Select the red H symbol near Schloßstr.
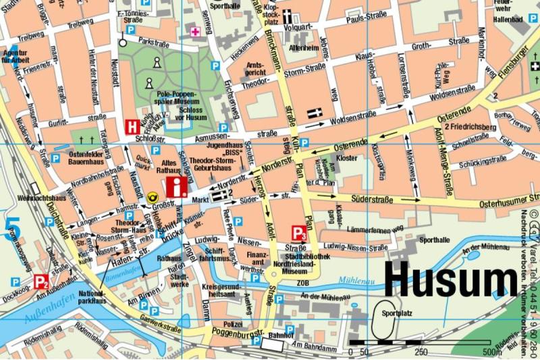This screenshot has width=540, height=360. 133,126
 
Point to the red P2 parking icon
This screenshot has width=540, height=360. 41,281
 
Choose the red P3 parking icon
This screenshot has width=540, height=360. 299,234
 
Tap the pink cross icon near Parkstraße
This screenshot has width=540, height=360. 196,32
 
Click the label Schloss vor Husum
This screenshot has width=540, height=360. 191,113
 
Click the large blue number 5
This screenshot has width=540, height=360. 12,228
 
